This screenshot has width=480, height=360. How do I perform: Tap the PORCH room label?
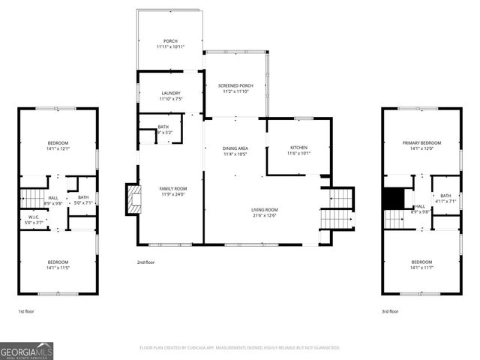(170, 40)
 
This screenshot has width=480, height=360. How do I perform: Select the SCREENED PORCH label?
(235, 85)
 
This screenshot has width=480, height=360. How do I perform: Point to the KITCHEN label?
(298, 148)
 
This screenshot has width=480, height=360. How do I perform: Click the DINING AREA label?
(235, 148)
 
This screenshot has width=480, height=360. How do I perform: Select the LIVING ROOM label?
(264, 210)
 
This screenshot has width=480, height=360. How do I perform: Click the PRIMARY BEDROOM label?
(421, 142)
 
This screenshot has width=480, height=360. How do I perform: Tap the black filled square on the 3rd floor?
(393, 199)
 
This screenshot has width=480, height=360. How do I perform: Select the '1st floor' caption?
(26, 310)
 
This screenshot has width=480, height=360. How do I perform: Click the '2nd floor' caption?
(145, 262)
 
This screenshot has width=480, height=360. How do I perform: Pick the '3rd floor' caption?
(391, 310)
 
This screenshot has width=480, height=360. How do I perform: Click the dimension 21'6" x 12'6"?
(264, 216)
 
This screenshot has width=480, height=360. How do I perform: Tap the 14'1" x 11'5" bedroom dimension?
(58, 267)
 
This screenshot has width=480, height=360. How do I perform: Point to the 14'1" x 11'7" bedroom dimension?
(421, 267)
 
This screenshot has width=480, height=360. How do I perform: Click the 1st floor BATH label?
(82, 197)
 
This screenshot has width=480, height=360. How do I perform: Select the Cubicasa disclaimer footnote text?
(240, 348)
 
